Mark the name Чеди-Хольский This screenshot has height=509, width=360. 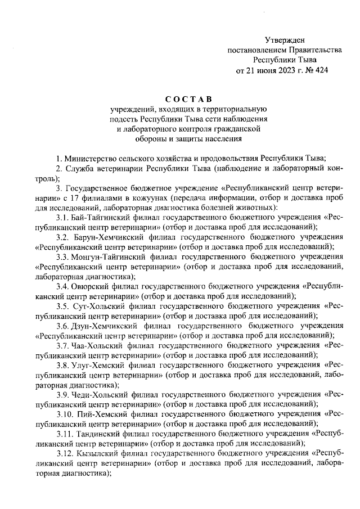(x=99, y=394)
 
